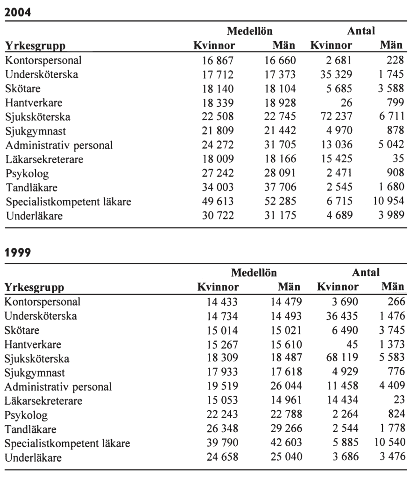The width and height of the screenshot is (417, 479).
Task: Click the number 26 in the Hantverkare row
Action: pyautogui.click(x=347, y=102)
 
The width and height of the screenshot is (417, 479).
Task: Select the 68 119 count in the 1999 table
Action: pyautogui.click(x=342, y=359)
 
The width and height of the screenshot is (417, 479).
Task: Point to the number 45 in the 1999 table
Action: pyautogui.click(x=353, y=344)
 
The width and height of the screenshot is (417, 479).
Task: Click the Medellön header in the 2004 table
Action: pyautogui.click(x=250, y=31)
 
